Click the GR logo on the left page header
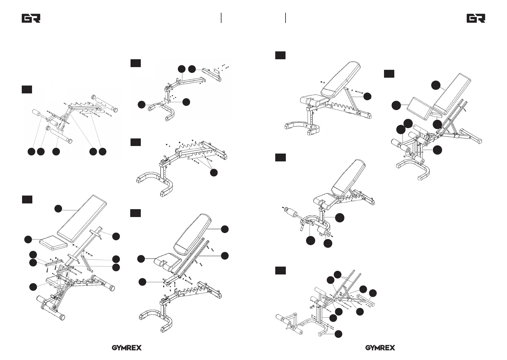click(x=31, y=18)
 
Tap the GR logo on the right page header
click(x=476, y=18)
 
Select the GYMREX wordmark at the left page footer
click(x=127, y=348)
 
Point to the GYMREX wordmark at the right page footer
click(x=380, y=348)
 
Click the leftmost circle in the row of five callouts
click(x=31, y=152)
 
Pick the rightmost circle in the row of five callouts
click(x=102, y=152)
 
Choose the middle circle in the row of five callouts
click(x=56, y=152)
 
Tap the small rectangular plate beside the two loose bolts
click(x=217, y=71)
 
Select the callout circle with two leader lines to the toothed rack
click(x=214, y=173)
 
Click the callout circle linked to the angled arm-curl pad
click(x=396, y=105)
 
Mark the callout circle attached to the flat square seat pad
click(x=28, y=240)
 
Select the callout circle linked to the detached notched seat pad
click(x=141, y=259)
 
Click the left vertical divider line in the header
click(x=221, y=18)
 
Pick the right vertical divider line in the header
click(x=286, y=18)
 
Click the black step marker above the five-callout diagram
click(x=27, y=89)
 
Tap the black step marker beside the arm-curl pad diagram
click(x=389, y=74)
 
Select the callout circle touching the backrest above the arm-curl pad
click(x=436, y=85)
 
